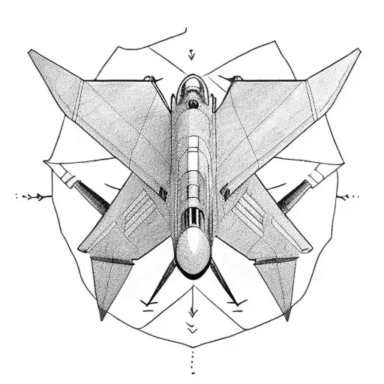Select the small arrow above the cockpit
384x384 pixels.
192,53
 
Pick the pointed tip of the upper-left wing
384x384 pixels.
31,52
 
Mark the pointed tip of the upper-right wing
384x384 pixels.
358,51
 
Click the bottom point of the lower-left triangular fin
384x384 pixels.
100,318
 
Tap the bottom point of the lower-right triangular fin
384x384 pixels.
285,318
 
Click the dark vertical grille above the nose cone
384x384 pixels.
193,219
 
